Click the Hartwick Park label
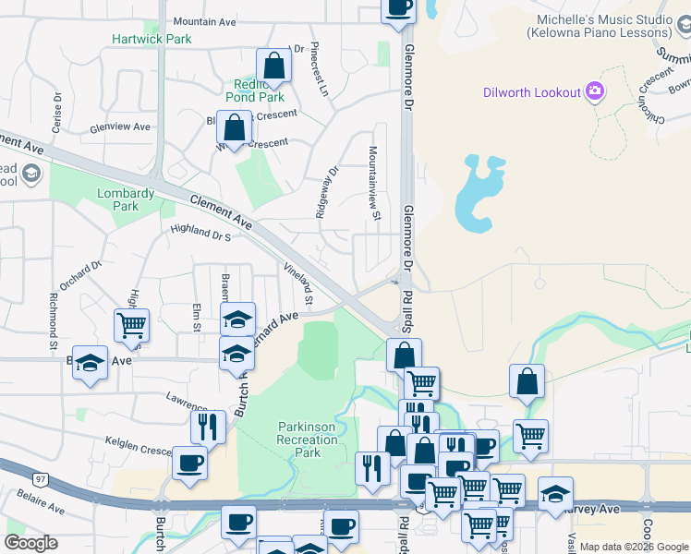pyautogui.click(x=152, y=39)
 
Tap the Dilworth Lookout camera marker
pyautogui.click(x=596, y=91)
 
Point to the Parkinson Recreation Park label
pyautogui.click(x=312, y=440)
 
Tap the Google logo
pyautogui.click(x=30, y=543)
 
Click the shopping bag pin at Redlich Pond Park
pyautogui.click(x=273, y=66)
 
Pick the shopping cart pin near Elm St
pyautogui.click(x=132, y=325)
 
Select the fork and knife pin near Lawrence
pyautogui.click(x=208, y=426)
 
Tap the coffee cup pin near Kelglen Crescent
pyautogui.click(x=189, y=464)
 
